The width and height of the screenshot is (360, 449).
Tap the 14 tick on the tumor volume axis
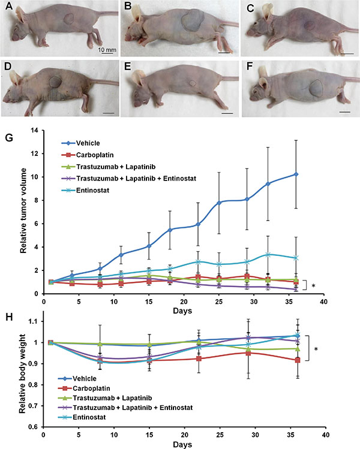[x=34, y=131]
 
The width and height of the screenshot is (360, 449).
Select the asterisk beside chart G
[x=314, y=286]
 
